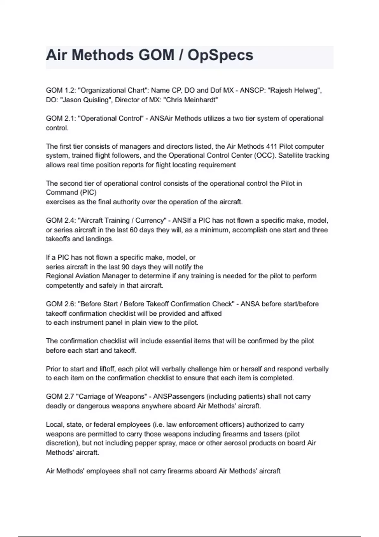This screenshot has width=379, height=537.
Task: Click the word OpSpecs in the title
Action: click(220, 55)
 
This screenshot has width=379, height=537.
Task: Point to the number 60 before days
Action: click(133, 230)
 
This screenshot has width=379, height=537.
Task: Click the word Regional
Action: click(60, 276)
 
